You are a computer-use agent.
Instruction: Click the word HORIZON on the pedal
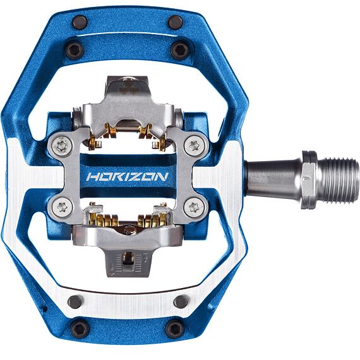click(127, 176)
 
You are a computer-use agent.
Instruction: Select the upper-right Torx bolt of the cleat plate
click(195, 146)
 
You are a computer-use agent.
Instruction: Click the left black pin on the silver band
click(75, 301)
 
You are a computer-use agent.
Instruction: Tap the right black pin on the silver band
click(180, 301)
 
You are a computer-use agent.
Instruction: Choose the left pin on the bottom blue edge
click(80, 328)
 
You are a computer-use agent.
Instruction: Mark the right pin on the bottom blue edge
click(174, 328)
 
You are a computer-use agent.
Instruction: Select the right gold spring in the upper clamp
click(150, 133)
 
